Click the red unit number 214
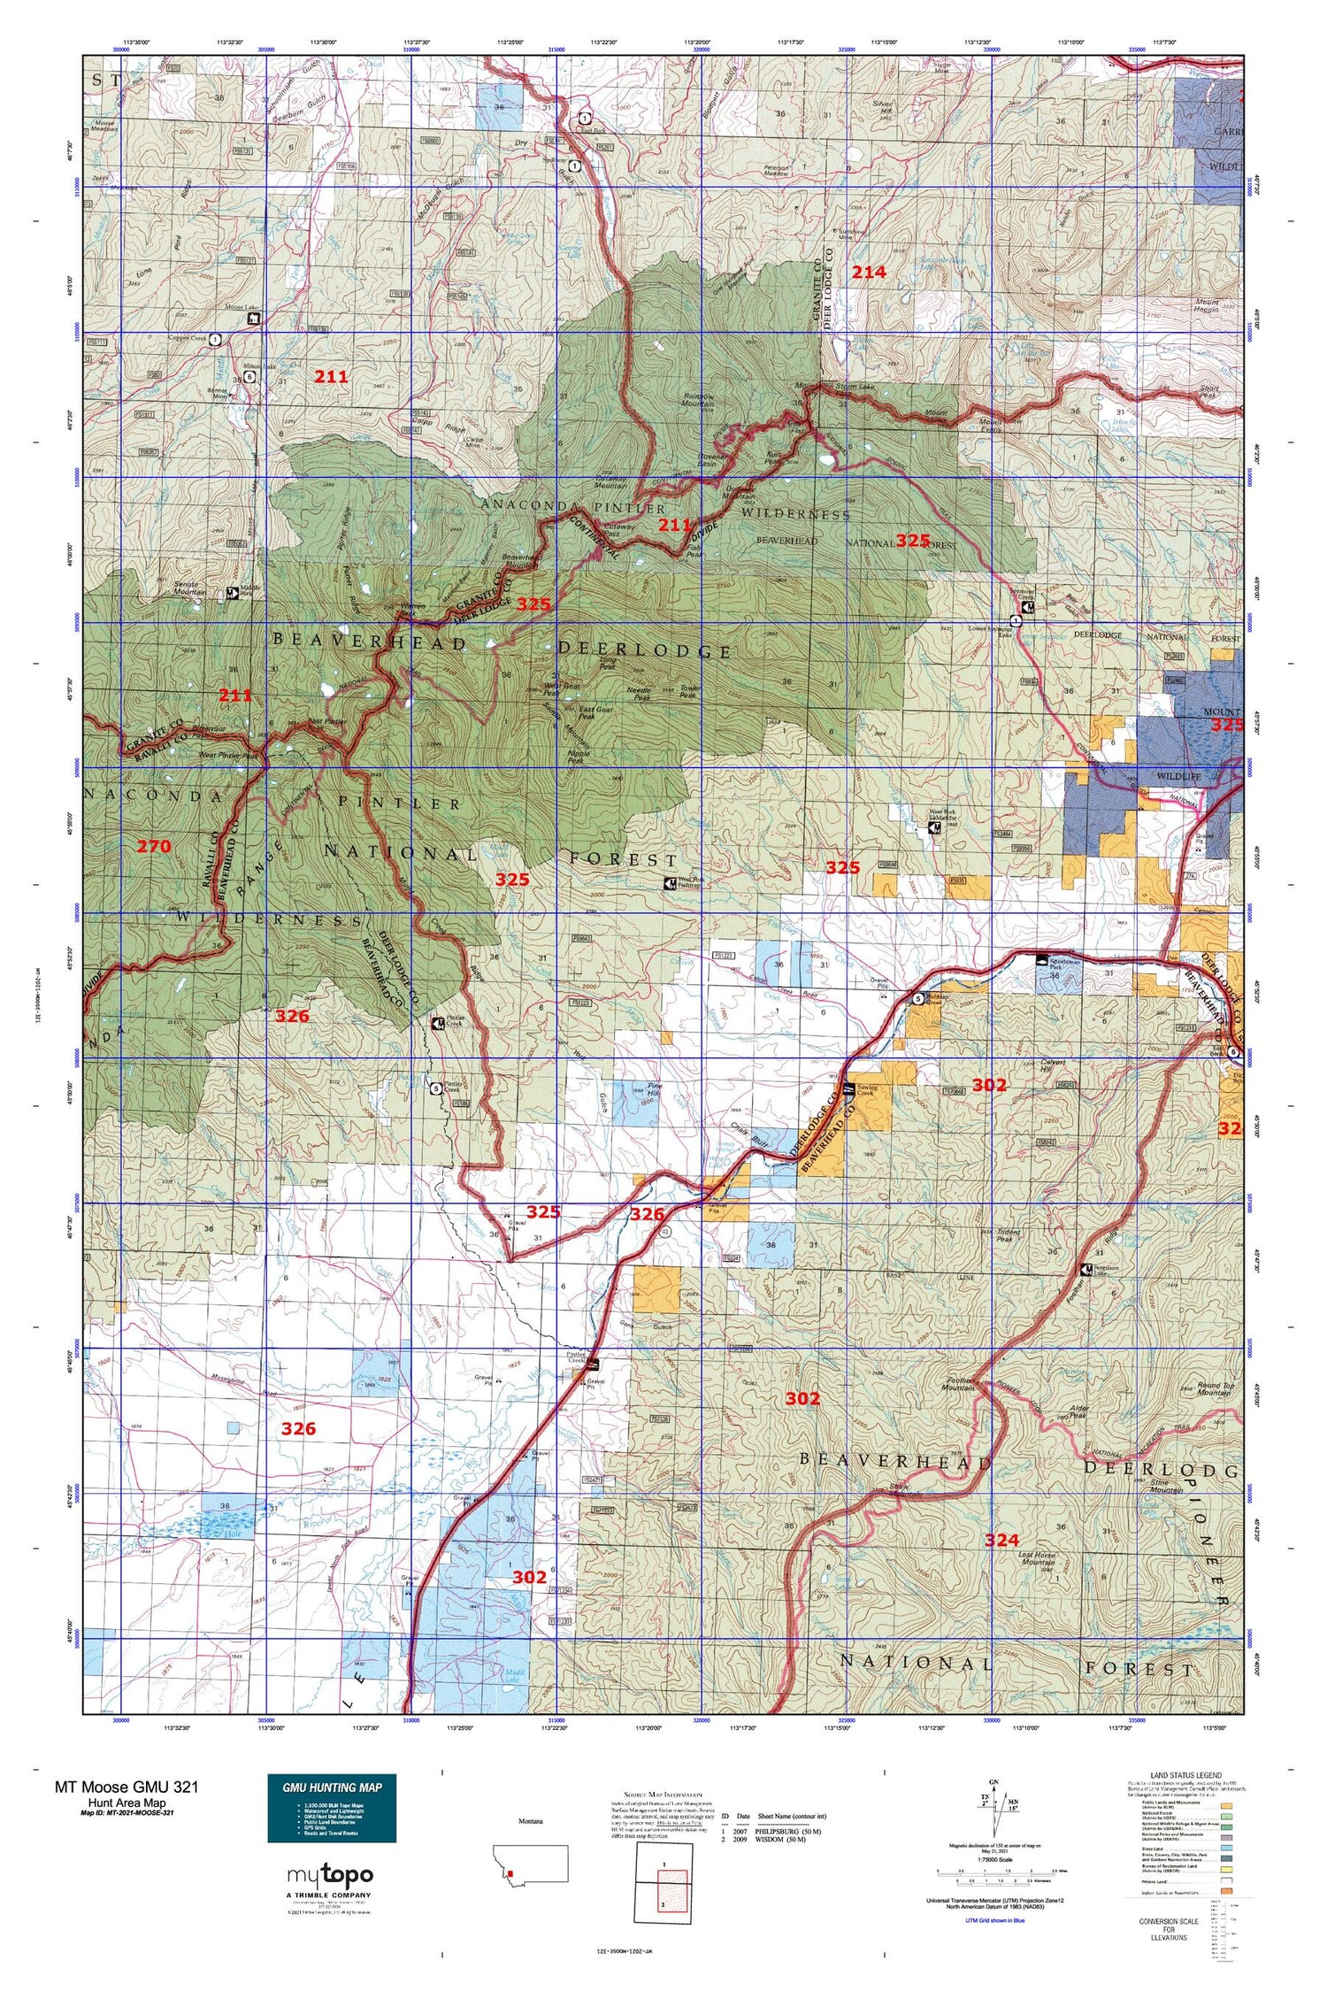tap(868, 273)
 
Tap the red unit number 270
tap(153, 847)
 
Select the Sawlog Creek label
tap(872, 1091)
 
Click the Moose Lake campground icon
tap(254, 319)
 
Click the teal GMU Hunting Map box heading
tap(332, 1787)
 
